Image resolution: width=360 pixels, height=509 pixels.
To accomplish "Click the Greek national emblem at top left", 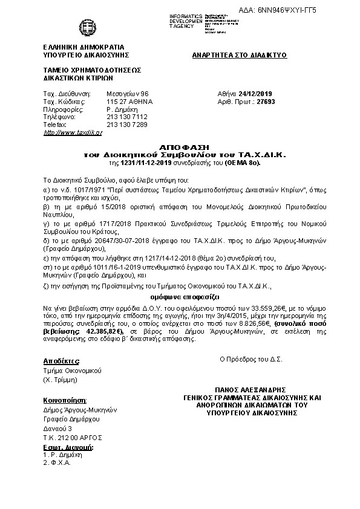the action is click(x=84, y=28).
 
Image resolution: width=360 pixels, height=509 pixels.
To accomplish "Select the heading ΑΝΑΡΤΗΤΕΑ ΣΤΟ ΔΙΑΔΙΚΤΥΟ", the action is click(x=239, y=55).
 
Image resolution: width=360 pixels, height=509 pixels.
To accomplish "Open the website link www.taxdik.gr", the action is click(x=73, y=132).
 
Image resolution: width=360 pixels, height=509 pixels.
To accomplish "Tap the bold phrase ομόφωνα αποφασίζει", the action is click(x=185, y=297).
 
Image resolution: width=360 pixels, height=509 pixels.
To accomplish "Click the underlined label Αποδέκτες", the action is click(x=60, y=360).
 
